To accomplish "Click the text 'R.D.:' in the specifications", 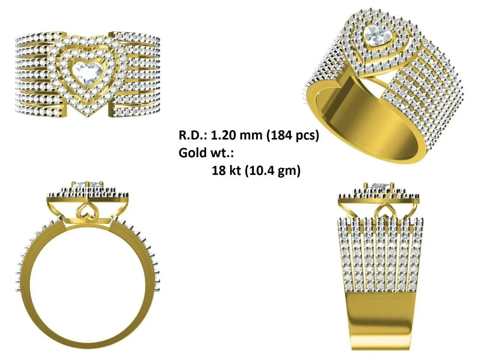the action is (193, 135).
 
